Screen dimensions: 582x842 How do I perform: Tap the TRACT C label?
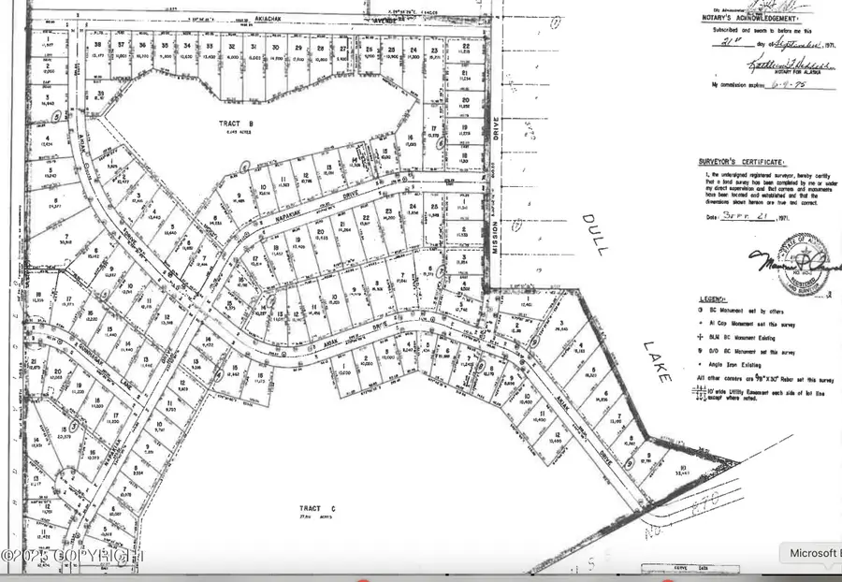click(320, 508)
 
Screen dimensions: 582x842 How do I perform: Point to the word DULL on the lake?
click(595, 234)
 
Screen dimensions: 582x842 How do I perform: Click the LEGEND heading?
click(716, 295)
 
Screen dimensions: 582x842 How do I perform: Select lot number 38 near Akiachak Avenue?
click(97, 45)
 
